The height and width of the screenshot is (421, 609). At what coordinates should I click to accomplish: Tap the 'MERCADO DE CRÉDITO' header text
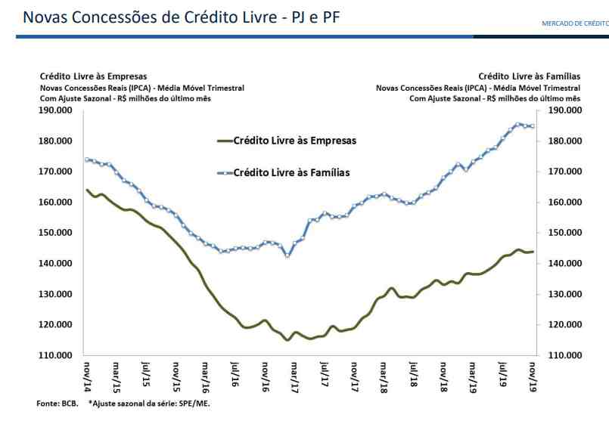(574, 23)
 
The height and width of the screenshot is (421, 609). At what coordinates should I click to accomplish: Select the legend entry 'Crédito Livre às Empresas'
(294, 141)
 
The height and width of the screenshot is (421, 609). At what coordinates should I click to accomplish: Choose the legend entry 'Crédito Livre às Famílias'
(291, 172)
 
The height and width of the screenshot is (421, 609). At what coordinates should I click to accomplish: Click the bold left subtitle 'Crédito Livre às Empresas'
(93, 76)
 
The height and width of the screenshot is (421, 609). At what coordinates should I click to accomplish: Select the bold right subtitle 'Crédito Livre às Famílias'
(529, 76)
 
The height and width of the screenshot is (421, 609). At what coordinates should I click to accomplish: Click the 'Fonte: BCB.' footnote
(57, 404)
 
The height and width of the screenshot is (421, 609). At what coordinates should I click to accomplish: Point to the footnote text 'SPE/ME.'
(195, 404)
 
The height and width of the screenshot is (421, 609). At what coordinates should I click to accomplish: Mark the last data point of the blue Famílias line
(533, 126)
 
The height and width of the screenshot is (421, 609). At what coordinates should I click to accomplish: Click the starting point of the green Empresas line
(87, 190)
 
